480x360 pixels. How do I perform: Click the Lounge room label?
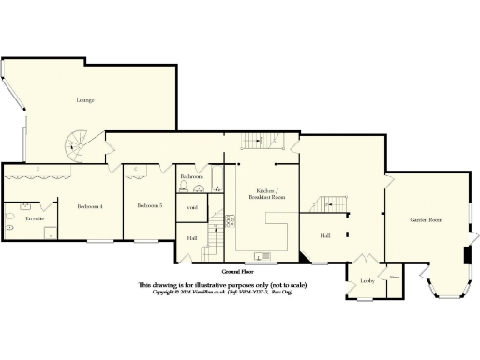click(84, 100)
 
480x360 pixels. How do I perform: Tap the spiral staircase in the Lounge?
click(75, 145)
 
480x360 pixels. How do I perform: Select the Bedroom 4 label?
click(89, 205)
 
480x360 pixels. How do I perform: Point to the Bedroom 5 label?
click(149, 205)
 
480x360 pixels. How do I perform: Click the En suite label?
click(35, 218)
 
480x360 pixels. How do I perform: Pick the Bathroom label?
click(192, 175)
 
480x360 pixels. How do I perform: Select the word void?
click(191, 207)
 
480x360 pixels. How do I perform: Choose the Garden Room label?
click(425, 220)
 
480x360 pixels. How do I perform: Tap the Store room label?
click(395, 277)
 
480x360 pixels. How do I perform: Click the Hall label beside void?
click(190, 238)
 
